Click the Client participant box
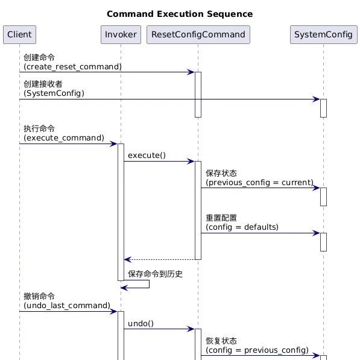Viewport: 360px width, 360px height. (19, 34)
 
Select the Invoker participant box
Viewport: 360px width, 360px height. (121, 34)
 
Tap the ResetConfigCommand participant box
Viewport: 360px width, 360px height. (198, 34)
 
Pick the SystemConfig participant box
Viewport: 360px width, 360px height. (323, 34)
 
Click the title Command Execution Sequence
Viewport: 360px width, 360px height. (180, 14)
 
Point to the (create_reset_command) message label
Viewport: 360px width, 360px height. (72, 66)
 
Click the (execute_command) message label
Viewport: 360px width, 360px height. (64, 137)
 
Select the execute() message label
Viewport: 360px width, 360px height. (147, 156)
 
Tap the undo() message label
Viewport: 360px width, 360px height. (141, 323)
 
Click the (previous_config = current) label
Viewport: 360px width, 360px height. (260, 182)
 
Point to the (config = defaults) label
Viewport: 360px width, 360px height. (242, 227)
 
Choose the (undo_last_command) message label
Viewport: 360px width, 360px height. (67, 305)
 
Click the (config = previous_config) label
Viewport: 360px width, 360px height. (257, 350)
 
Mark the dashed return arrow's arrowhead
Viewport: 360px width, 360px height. (127, 259)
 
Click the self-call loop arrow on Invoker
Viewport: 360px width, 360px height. (149, 284)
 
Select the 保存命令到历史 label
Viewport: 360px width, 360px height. (155, 274)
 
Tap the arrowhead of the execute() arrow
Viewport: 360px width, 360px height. (191, 161)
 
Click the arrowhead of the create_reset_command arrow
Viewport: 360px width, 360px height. (191, 72)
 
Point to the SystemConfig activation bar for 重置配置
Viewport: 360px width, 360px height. (323, 242)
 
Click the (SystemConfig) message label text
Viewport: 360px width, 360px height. (54, 93)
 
